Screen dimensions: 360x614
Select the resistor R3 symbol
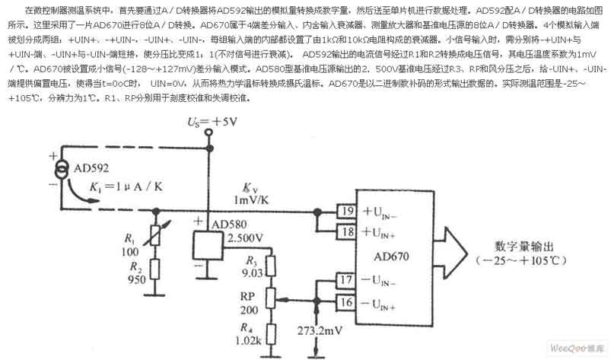click(x=272, y=266)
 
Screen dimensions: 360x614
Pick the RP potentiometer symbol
click(x=272, y=298)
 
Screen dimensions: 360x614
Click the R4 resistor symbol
click(x=272, y=327)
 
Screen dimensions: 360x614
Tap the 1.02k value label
click(x=247, y=341)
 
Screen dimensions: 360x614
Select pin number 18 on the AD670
click(x=348, y=231)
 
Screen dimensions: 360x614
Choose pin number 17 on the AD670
click(x=348, y=282)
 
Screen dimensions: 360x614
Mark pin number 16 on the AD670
click(x=348, y=302)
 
